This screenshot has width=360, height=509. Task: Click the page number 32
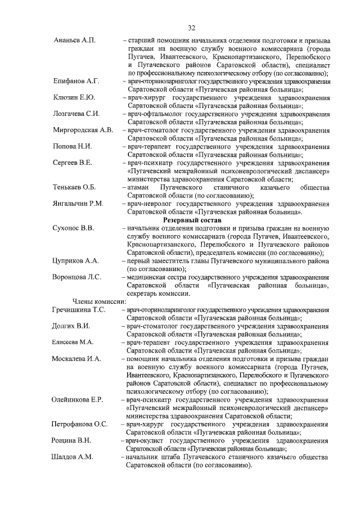(191, 28)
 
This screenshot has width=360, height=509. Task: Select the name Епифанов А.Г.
(76, 82)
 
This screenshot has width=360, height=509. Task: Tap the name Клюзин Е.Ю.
(74, 98)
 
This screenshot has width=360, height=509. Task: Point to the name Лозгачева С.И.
(76, 114)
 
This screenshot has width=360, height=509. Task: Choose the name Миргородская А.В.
(83, 130)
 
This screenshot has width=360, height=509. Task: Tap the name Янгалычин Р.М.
(79, 204)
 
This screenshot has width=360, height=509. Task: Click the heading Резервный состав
(191, 220)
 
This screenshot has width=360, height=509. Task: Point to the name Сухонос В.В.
(73, 228)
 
